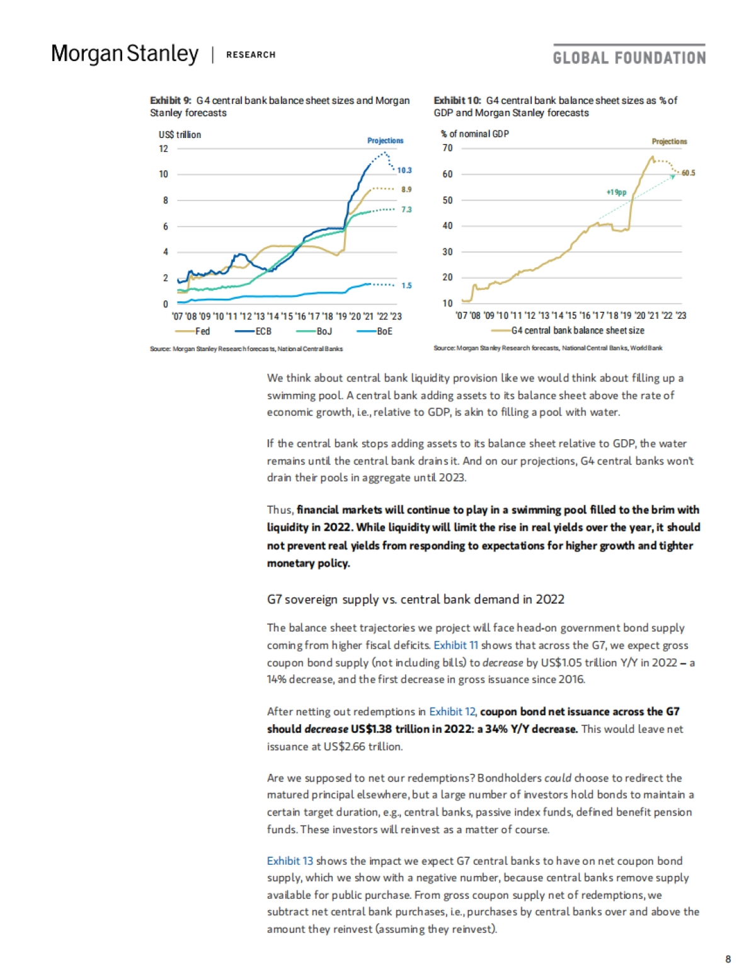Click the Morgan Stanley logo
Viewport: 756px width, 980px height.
(x=125, y=54)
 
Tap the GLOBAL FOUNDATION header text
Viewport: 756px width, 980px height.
(x=629, y=58)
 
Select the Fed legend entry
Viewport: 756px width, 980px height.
(x=193, y=331)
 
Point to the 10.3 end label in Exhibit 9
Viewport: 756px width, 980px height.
(x=404, y=170)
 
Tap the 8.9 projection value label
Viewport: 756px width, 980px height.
(x=406, y=189)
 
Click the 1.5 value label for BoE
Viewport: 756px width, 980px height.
(x=406, y=285)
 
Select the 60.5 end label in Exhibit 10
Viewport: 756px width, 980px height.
(x=689, y=173)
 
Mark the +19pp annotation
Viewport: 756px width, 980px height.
(x=617, y=192)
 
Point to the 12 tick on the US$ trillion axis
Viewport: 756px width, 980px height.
(x=164, y=149)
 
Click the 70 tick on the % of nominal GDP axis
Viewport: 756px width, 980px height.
(x=447, y=148)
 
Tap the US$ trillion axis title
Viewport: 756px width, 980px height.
(x=180, y=135)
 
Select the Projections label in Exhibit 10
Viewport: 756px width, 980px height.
(x=669, y=142)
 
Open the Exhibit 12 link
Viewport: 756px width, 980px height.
(x=452, y=712)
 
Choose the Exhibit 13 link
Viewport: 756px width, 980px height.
(x=290, y=861)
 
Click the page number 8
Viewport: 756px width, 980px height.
(x=728, y=959)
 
